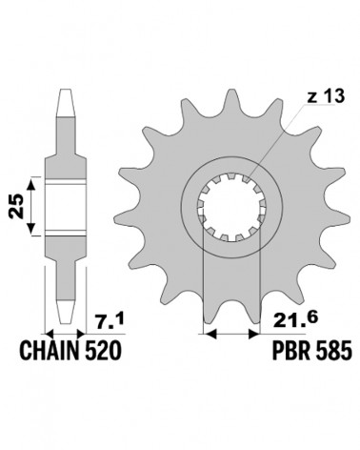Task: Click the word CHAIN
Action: pyautogui.click(x=50, y=351)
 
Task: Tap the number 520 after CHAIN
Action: pyautogui.click(x=102, y=351)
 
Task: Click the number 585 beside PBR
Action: pyautogui.click(x=333, y=351)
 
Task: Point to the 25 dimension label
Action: pyautogui.click(x=17, y=206)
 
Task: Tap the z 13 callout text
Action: pyautogui.click(x=326, y=96)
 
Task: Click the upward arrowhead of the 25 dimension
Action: pyautogui.click(x=30, y=184)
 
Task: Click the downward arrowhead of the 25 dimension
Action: pyautogui.click(x=30, y=229)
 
